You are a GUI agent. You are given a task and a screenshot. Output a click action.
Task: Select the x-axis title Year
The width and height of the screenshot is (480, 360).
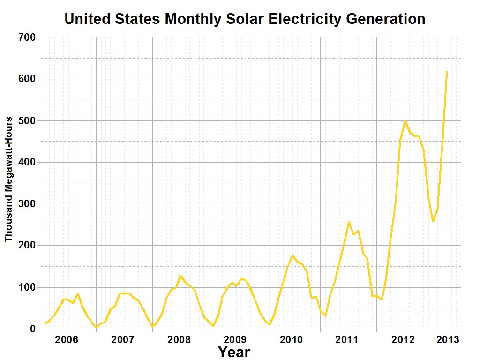point(234,352)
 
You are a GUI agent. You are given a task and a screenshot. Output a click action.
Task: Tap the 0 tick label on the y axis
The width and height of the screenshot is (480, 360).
point(32,329)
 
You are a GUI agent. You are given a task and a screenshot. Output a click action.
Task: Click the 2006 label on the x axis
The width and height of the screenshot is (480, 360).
point(67,339)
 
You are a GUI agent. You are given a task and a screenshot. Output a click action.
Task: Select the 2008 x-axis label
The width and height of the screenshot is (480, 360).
point(179,339)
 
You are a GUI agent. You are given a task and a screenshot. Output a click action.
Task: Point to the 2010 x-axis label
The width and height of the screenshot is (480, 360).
point(292,339)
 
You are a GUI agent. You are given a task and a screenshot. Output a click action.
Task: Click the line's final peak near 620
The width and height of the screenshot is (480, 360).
point(447,72)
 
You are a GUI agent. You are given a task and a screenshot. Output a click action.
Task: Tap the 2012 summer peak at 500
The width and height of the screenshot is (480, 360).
point(405,120)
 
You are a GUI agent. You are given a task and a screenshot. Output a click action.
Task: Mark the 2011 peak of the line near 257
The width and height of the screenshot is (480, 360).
point(349,222)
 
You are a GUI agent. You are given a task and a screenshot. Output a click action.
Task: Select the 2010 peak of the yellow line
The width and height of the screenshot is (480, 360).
point(292,255)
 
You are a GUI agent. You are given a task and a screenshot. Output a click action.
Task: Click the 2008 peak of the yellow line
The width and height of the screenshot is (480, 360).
point(180,276)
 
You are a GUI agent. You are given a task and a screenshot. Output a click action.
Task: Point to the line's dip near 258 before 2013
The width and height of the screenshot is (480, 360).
point(433,221)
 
